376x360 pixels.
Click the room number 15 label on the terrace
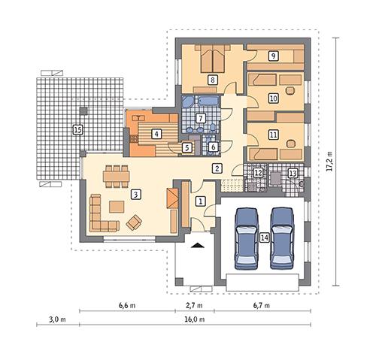[x=77, y=129]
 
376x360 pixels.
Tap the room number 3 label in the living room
[x=135, y=194]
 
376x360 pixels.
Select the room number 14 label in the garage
[x=263, y=237]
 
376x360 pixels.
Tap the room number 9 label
[x=273, y=55]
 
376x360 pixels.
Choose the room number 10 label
[x=273, y=98]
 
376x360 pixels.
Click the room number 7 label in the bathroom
[x=200, y=118]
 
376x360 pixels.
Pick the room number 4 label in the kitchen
[x=156, y=134]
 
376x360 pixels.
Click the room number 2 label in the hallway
[x=217, y=168]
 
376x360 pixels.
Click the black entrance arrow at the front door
[x=196, y=246]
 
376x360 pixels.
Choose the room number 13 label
[x=293, y=173]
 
